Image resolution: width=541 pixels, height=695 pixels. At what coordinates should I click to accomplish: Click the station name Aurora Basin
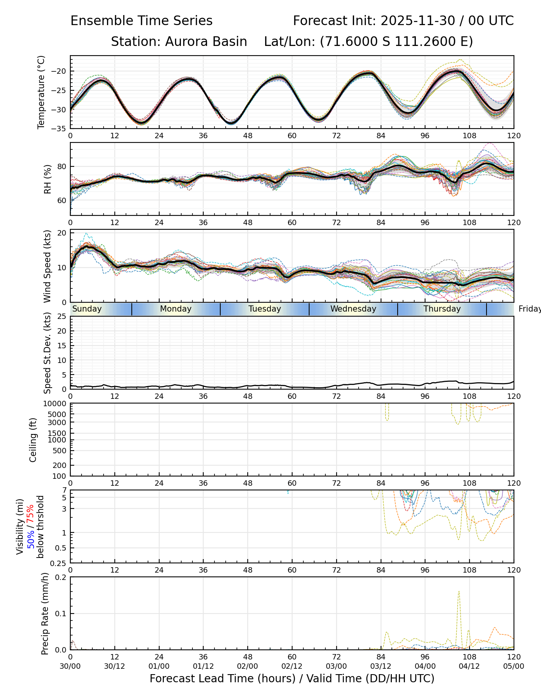coord(206,42)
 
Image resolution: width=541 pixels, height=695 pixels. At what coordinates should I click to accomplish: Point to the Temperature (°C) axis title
coord(41,92)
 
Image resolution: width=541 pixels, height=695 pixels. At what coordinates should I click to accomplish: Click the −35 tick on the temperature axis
coord(61,129)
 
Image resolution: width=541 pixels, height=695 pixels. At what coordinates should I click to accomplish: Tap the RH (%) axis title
coord(48,179)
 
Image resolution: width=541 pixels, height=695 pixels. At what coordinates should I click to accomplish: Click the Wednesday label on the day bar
coord(353,309)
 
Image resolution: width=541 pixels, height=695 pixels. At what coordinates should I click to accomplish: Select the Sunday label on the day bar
coord(87,309)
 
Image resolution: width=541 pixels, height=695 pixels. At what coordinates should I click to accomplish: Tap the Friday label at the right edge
coord(529,309)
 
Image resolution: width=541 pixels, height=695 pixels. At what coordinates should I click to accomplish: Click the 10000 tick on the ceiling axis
coord(56,403)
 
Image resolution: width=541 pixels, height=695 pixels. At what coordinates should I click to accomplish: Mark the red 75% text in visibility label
coord(30,513)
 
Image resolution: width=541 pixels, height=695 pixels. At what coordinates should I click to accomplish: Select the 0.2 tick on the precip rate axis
coord(61,577)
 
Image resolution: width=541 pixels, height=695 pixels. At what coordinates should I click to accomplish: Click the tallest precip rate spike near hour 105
coord(459,592)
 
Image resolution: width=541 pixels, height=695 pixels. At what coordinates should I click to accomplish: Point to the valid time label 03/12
coord(381,666)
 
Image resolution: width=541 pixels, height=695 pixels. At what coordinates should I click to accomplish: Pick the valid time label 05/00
coord(514,666)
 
